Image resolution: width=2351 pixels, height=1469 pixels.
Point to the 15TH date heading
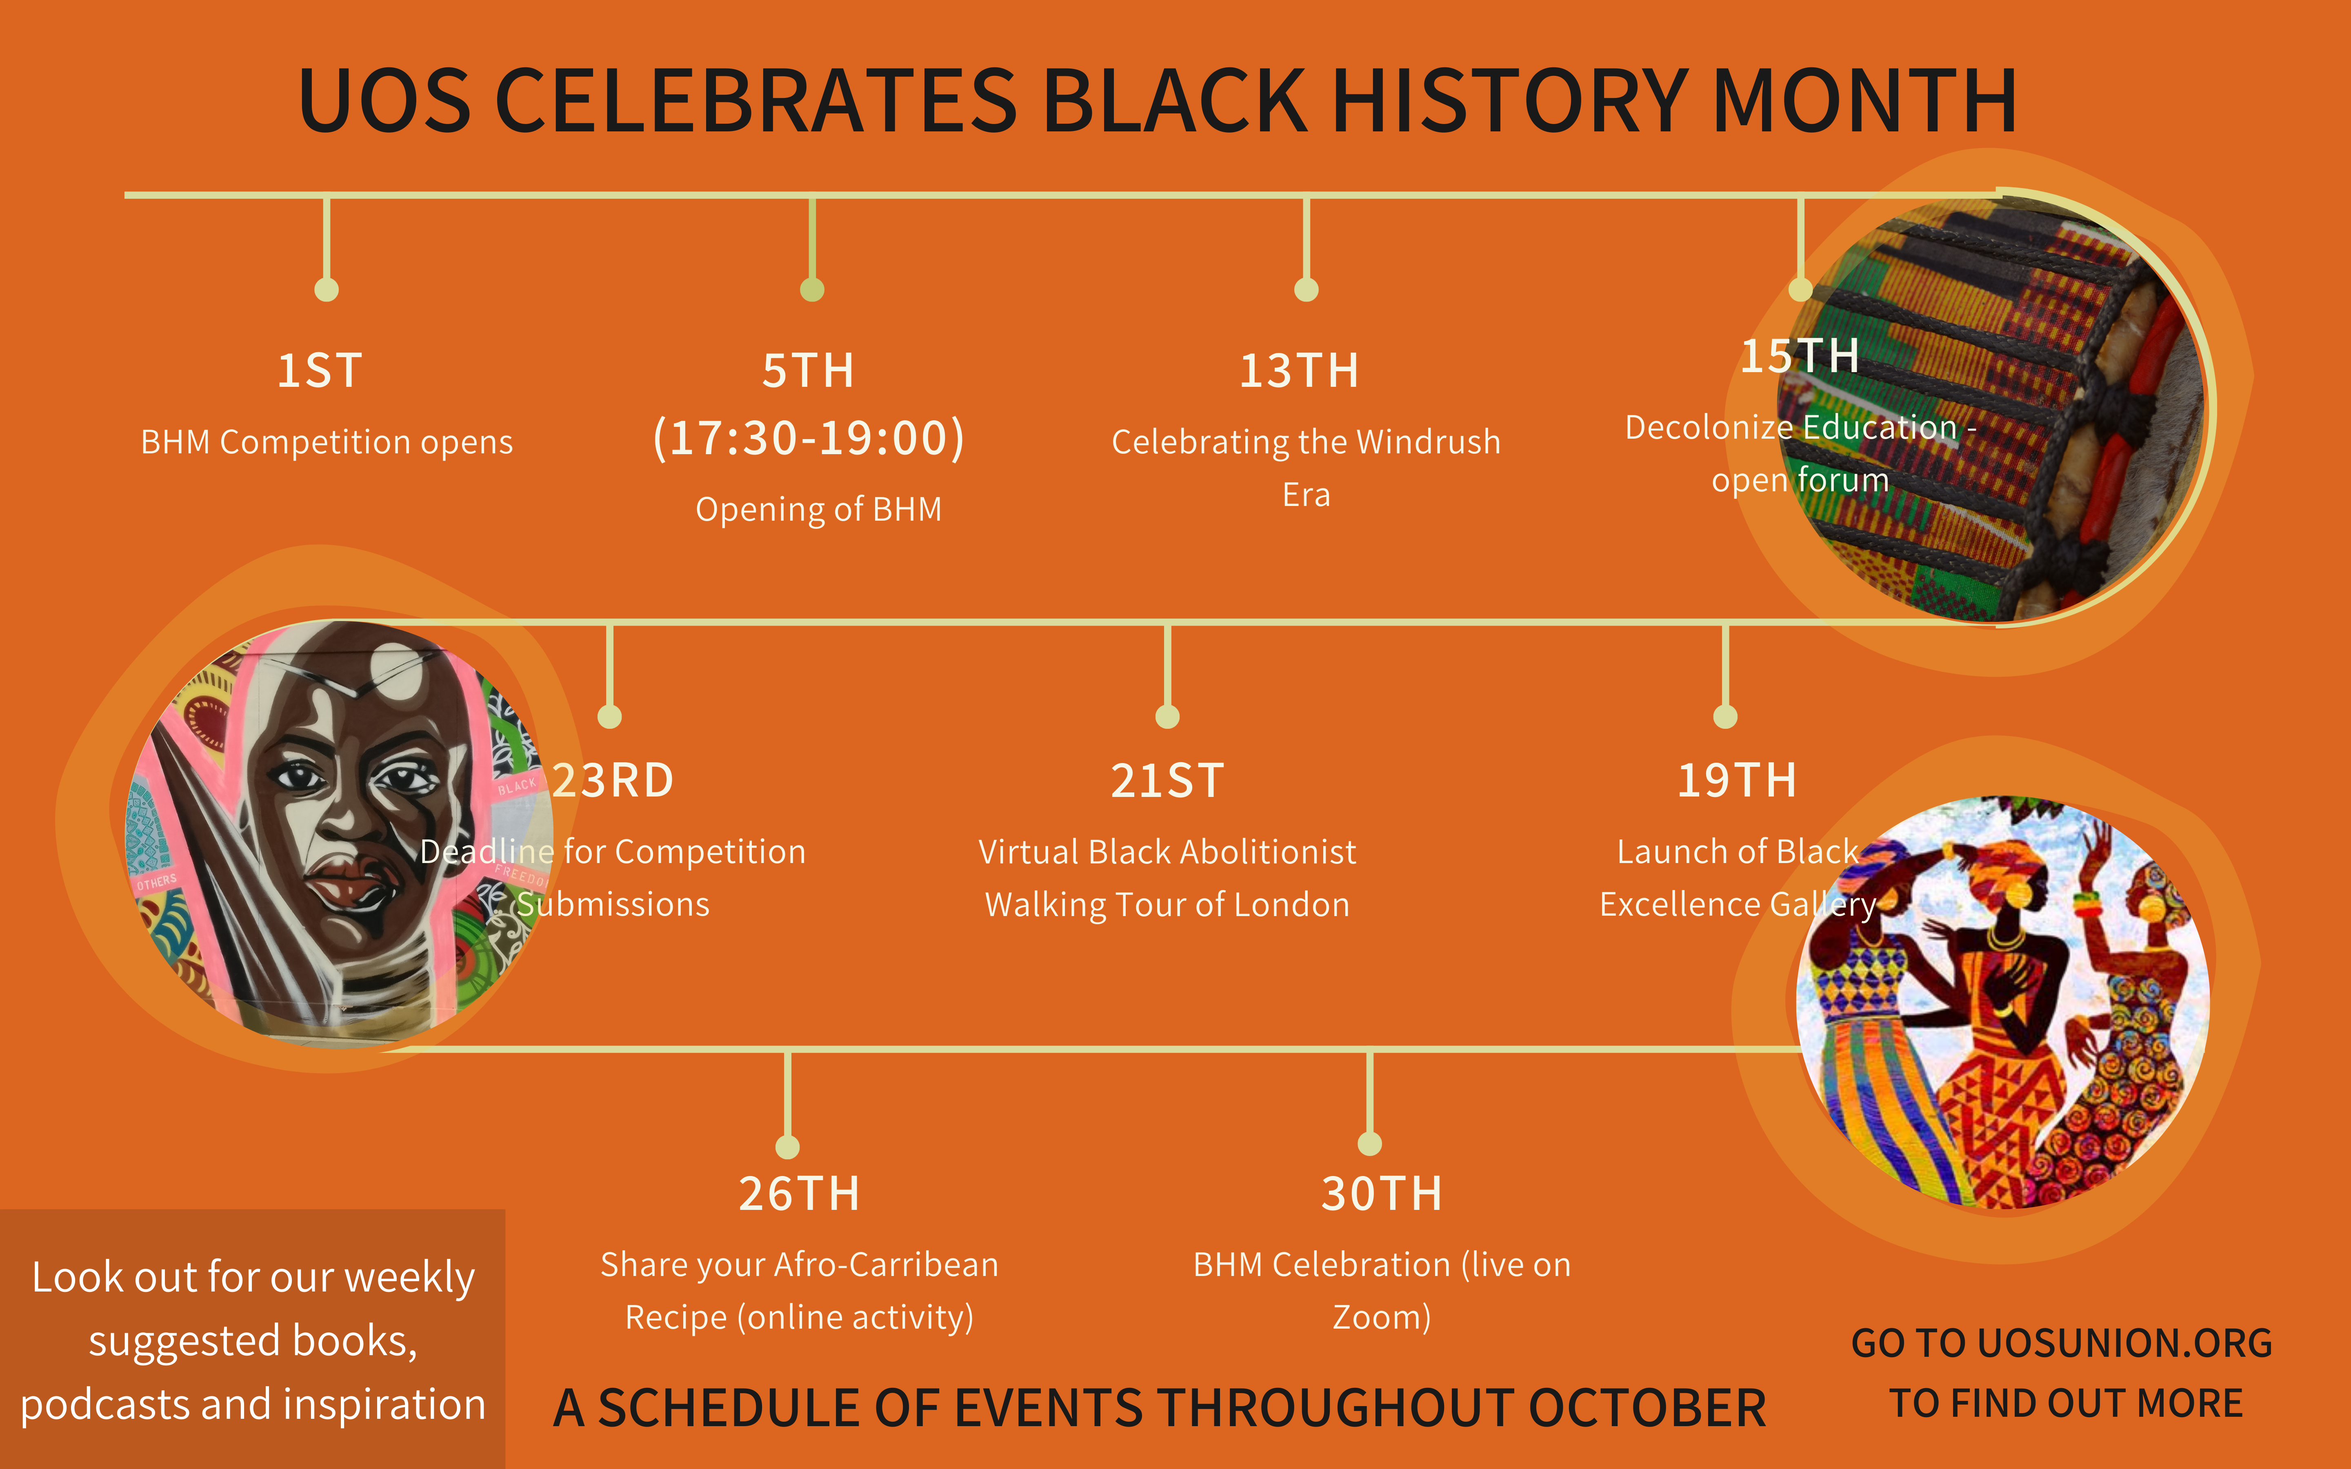pos(1799,355)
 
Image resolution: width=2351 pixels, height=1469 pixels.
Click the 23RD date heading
pos(613,780)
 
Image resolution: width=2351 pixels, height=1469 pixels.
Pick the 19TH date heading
pos(1737,780)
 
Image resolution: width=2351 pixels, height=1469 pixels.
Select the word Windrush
pos(1428,442)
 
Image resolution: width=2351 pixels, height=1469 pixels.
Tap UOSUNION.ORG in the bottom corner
pos(2124,1343)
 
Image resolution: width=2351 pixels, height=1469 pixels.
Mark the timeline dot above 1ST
pos(327,290)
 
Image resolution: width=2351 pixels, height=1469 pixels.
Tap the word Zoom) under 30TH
pos(1382,1318)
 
